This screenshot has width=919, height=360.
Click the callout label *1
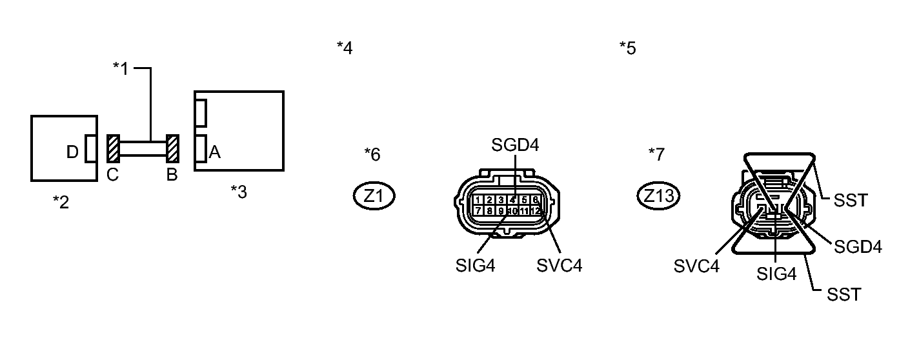pos(121,68)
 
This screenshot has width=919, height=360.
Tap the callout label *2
pos(61,202)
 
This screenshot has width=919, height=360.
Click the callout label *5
pos(627,48)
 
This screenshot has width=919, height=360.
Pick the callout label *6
pos(372,154)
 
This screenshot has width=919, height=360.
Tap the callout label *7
pos(656,154)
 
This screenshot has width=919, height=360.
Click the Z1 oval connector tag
pos(374,196)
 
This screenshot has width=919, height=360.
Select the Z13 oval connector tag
pos(658,196)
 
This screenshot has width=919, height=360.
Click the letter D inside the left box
pos(73,152)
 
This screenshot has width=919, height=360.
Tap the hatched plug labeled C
pos(112,149)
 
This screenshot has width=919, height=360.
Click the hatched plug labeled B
pos(172,149)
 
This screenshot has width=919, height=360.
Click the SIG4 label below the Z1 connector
pos(475,265)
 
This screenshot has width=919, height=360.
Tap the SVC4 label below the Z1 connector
pos(559,265)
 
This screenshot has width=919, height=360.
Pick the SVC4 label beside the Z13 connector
pos(696,266)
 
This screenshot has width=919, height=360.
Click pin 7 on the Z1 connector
pos(478,210)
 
